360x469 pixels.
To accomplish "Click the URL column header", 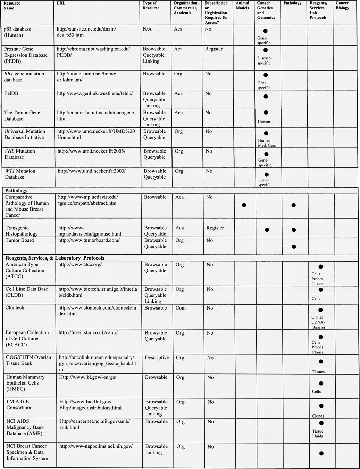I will [61, 3].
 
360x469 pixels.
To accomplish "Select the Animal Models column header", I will [242, 6].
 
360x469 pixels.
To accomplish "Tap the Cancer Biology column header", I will [342, 6].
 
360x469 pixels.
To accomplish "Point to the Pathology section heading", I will [16, 190].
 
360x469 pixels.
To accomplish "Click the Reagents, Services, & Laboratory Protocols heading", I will [55, 258].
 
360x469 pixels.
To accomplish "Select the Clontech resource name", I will [15, 308].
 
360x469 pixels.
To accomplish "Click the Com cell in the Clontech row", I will [181, 308].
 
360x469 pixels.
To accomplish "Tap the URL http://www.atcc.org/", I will [80, 264].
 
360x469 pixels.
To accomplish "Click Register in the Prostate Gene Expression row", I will [214, 49].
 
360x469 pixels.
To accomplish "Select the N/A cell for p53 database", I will [147, 29].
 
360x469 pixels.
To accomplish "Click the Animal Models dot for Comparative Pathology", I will [244, 205].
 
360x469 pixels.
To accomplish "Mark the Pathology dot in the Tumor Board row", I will [294, 247].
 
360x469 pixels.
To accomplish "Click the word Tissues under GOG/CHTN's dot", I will [318, 372].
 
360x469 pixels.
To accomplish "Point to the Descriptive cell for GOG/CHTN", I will [157, 357].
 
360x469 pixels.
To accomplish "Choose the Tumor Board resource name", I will [20, 240].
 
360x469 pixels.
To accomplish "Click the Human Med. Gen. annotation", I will [267, 143].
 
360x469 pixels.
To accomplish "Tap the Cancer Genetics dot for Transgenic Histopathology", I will [267, 230].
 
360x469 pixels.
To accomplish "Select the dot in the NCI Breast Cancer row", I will [321, 453].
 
